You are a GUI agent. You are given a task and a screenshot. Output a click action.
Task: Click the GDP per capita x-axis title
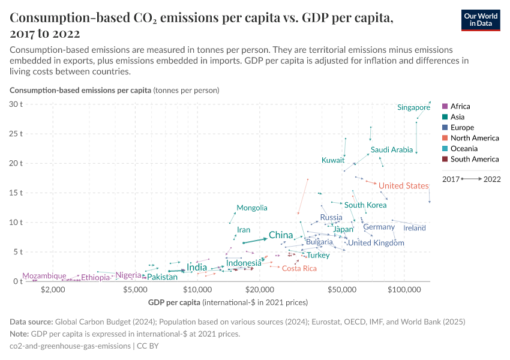point(174,301)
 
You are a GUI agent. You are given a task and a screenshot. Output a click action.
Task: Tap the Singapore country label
point(413,107)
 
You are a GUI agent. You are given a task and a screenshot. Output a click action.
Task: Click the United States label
point(403,186)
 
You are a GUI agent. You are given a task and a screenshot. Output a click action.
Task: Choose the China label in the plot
point(280,235)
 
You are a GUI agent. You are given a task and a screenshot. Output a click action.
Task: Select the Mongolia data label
point(252,208)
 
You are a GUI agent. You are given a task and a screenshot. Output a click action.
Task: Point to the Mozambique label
point(44,276)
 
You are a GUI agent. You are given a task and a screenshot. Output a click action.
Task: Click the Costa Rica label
point(299,268)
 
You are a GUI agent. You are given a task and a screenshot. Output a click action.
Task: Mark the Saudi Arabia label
point(392,150)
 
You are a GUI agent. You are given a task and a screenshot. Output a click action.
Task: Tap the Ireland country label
point(415,228)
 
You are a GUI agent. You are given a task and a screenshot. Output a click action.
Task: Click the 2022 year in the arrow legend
point(492,179)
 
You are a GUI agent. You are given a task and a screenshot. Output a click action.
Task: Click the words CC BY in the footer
point(148,346)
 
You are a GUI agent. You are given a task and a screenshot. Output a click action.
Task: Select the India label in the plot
point(197,267)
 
